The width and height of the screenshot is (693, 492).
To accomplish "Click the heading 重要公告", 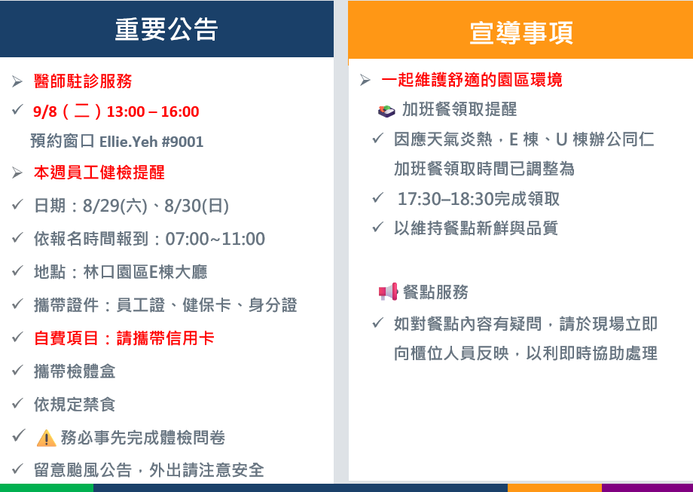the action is [x=166, y=29].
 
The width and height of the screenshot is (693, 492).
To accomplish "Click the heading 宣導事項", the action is [x=521, y=32].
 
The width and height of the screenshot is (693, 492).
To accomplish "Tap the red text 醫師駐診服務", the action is [x=83, y=81].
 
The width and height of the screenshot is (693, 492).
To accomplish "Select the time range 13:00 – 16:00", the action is [x=153, y=112].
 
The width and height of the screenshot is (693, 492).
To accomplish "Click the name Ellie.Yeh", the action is [x=129, y=142].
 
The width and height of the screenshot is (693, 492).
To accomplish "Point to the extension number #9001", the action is [x=182, y=142].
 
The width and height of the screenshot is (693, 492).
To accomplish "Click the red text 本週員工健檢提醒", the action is [x=99, y=173].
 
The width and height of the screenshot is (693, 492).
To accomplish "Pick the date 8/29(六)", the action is [x=115, y=206].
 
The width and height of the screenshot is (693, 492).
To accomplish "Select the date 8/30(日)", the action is [x=197, y=206].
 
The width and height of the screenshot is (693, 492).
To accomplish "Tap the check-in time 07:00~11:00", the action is [x=215, y=239].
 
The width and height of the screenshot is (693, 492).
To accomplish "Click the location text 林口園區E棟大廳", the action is [x=145, y=272].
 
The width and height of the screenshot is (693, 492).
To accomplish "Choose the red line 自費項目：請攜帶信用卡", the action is [x=124, y=338].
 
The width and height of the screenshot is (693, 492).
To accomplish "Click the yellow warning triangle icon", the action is [x=46, y=439].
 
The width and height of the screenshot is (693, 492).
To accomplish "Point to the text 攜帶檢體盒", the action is [x=75, y=371].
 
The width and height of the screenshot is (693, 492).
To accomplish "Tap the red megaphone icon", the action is [x=388, y=292].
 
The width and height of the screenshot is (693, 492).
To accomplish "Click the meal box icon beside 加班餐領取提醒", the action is [x=386, y=111].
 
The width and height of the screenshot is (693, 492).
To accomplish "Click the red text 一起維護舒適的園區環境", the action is [x=472, y=80].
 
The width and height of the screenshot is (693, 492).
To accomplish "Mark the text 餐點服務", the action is [x=435, y=292].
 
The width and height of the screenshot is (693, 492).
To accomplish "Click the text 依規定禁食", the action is [x=75, y=405].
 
